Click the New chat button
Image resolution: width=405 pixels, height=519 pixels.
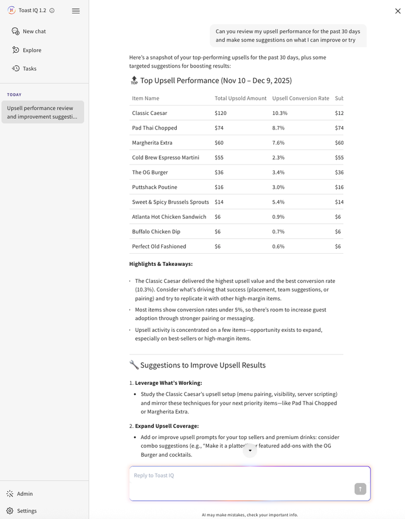(34, 31)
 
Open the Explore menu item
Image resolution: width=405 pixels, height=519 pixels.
(32, 50)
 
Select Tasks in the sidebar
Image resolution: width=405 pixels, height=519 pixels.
(29, 69)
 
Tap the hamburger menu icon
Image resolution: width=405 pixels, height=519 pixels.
(76, 10)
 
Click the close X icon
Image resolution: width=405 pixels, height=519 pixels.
(398, 11)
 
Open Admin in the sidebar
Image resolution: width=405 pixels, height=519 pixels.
(25, 494)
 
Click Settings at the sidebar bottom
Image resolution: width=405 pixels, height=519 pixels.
(26, 511)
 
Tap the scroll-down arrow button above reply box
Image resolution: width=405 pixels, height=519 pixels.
(250, 450)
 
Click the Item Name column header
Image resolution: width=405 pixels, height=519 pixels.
(146, 99)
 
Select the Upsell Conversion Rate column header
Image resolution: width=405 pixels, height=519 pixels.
(301, 99)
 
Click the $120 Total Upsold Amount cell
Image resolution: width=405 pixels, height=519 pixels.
(221, 113)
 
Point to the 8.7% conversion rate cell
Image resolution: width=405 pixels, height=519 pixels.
(280, 128)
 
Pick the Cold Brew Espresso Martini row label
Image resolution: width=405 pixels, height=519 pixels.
(166, 157)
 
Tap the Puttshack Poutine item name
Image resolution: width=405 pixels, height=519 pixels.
(155, 187)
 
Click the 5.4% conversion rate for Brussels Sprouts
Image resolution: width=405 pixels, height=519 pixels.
(280, 202)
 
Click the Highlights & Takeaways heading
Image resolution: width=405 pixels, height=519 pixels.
(161, 264)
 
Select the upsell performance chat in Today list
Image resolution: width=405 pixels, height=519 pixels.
(42, 112)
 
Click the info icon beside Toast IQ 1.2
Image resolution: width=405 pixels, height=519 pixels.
(52, 10)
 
